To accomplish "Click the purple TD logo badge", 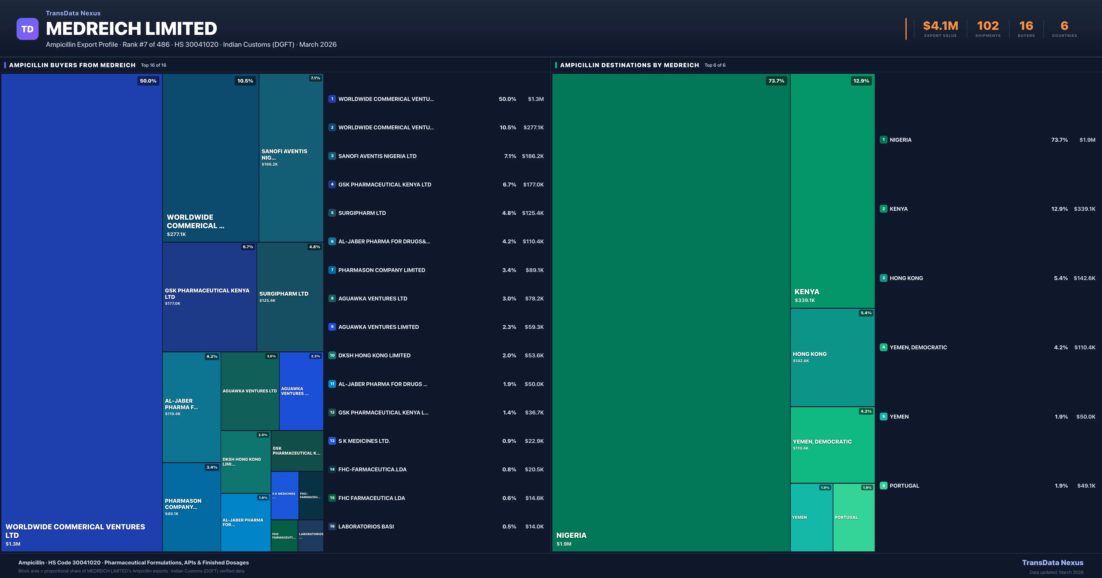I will click(27, 29).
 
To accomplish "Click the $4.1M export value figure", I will click(940, 26).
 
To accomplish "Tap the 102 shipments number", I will click(988, 26).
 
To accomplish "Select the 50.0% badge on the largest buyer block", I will click(148, 81).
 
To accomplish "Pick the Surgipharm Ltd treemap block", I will click(290, 297).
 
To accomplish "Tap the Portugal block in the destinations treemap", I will click(853, 517).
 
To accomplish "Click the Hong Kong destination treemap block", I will click(832, 357).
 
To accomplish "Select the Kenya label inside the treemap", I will click(807, 292).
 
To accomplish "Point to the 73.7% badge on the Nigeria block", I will click(776, 81).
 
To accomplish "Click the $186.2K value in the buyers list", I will click(533, 156).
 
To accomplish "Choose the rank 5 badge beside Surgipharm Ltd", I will click(332, 213).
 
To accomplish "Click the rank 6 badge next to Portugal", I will click(883, 486).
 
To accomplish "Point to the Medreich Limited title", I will click(131, 29).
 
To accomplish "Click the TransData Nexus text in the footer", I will click(1052, 563).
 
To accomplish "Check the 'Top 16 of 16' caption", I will click(154, 65).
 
